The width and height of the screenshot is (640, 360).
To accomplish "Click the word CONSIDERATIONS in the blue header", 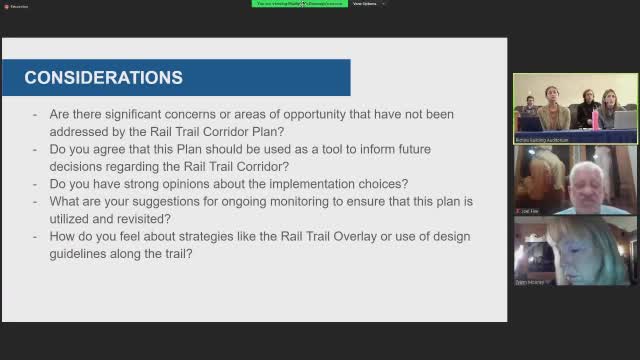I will point(103,78).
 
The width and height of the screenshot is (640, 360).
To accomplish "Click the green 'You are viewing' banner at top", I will point(298,4).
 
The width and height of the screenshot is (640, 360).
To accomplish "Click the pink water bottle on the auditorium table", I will point(596,119).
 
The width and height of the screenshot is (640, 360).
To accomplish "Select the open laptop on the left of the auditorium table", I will point(530,123).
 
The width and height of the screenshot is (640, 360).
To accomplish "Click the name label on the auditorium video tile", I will point(543,140).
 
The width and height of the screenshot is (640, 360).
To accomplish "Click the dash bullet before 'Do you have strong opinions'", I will point(36,184).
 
